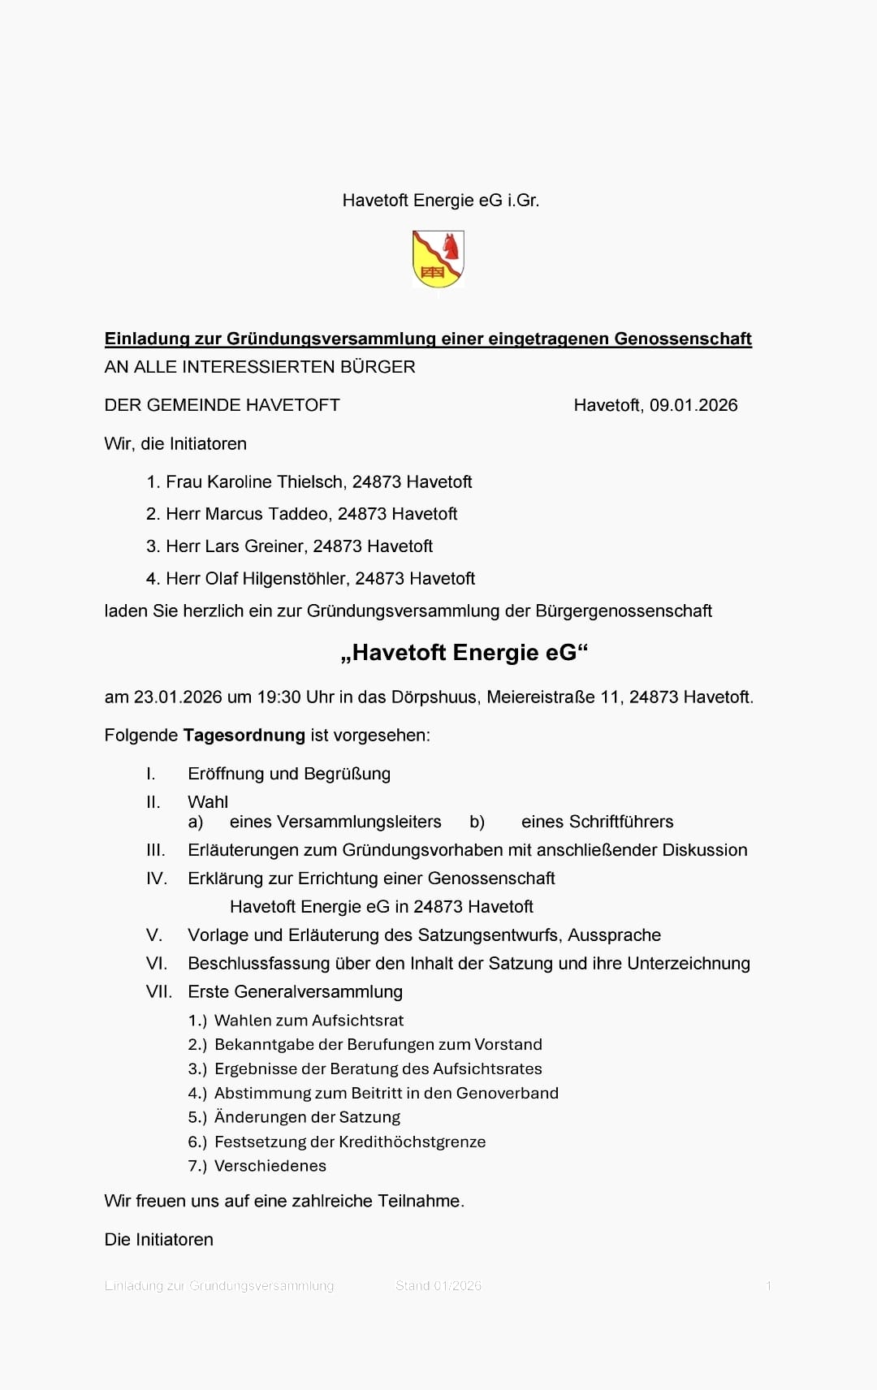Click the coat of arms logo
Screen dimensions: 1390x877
[x=438, y=259]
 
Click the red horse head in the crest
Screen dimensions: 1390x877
[x=450, y=245]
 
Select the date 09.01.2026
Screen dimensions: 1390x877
[x=693, y=405]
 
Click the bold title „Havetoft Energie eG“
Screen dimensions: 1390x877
[x=464, y=653]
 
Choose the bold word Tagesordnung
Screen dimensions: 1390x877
[x=244, y=736]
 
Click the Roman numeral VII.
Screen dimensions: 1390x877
[x=159, y=991]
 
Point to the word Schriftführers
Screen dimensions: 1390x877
[x=597, y=822]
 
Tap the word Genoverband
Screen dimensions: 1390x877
[x=507, y=1093]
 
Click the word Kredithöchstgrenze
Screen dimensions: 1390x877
[x=412, y=1142]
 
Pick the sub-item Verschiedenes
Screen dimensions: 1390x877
[x=270, y=1166]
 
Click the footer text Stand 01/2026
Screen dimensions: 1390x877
[x=438, y=1285]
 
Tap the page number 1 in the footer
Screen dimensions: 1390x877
[x=768, y=1285]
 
